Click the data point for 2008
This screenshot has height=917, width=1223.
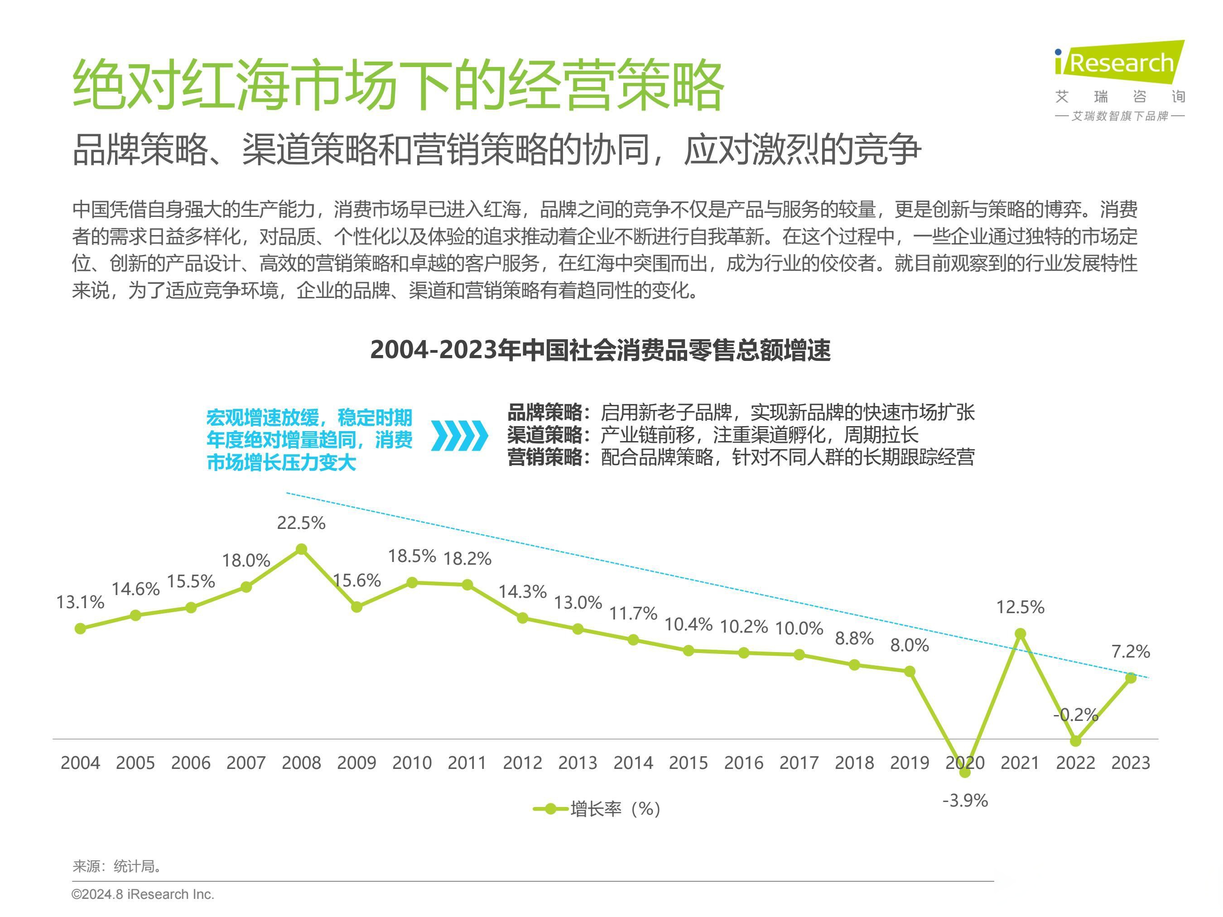click(x=301, y=549)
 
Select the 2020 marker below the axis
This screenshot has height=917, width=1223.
click(x=965, y=773)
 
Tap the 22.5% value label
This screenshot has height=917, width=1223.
click(x=301, y=523)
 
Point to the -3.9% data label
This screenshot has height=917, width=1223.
click(x=965, y=800)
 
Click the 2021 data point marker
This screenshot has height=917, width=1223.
click(x=1021, y=634)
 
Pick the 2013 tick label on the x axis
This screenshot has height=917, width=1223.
click(x=578, y=763)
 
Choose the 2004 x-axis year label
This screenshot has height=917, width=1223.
click(x=80, y=763)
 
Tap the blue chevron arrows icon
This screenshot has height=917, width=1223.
click(x=459, y=436)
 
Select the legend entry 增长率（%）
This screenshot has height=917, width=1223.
click(x=597, y=809)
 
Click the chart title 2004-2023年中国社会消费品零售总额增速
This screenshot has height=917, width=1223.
click(x=600, y=350)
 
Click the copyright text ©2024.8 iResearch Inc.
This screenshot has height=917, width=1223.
click(x=143, y=894)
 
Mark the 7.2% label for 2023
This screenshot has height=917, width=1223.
click(x=1131, y=652)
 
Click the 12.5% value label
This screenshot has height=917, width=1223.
click(x=1020, y=607)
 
